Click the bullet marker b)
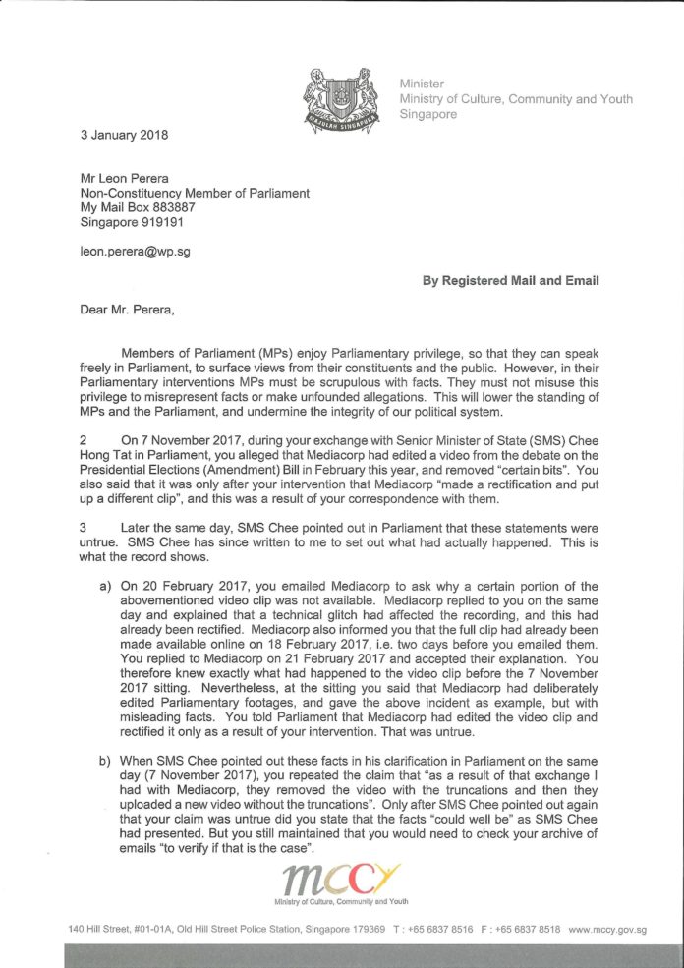pyautogui.click(x=105, y=761)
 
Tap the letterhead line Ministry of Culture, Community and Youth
pyautogui.click(x=515, y=98)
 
